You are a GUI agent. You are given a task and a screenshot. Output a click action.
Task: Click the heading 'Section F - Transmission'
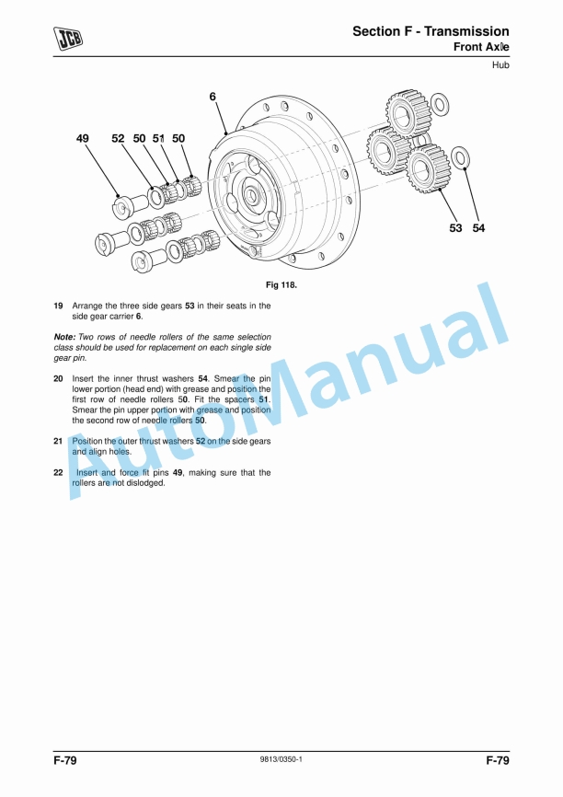click(x=431, y=31)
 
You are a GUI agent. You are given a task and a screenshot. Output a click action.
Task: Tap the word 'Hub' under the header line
click(x=500, y=65)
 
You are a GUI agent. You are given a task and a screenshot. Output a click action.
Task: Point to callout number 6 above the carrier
click(x=213, y=97)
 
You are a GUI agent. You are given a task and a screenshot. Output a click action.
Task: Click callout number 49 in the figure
click(x=84, y=138)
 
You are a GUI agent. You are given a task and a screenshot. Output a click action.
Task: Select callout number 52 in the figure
click(x=118, y=138)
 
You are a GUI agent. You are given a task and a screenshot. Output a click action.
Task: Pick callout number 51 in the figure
click(x=158, y=138)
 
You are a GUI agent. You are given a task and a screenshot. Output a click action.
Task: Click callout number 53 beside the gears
click(x=455, y=228)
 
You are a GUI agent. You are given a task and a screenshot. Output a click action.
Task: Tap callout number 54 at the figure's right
click(x=478, y=228)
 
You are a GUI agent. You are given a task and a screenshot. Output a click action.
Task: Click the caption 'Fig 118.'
click(x=281, y=285)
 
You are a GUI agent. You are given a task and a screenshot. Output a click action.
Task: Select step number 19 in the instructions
click(x=58, y=306)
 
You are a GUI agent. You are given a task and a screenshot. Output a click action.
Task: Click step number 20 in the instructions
click(x=58, y=378)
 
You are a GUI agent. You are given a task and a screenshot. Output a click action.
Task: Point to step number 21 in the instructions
click(x=58, y=442)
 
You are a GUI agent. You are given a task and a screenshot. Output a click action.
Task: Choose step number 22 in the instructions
click(x=58, y=473)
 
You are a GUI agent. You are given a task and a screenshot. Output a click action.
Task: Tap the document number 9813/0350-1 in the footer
click(x=281, y=759)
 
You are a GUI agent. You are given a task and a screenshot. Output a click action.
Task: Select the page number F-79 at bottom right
click(x=497, y=761)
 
